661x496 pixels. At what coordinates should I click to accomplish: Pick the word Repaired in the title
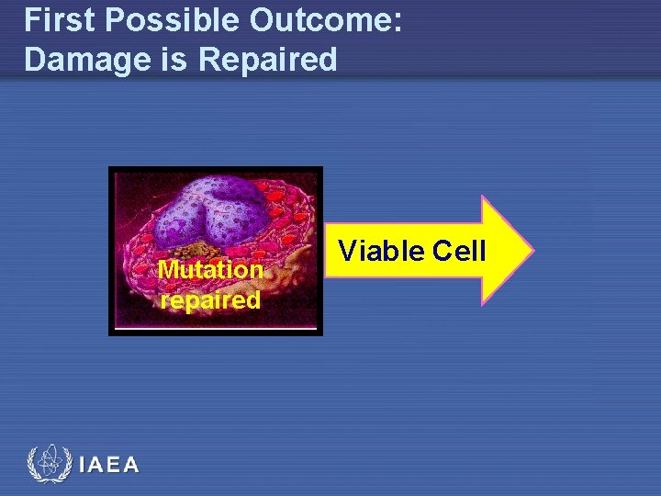[x=268, y=60]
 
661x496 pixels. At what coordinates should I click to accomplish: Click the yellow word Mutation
[x=210, y=270]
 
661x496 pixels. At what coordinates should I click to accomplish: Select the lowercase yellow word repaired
[x=210, y=300]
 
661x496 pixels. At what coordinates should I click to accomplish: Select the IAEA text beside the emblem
[x=109, y=465]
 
